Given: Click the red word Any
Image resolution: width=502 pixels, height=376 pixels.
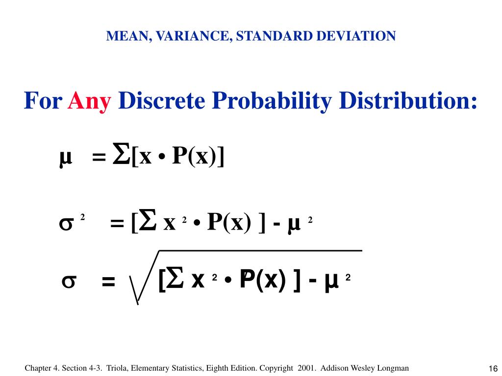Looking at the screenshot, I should pyautogui.click(x=90, y=101).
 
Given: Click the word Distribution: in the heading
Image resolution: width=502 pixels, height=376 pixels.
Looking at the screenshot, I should pyautogui.click(x=408, y=101).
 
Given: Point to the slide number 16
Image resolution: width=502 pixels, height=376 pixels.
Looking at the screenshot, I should pyautogui.click(x=493, y=369).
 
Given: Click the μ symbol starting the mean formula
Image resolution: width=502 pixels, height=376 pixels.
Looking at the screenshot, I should pyautogui.click(x=65, y=158).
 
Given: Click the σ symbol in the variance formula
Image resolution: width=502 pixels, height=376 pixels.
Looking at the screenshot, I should pyautogui.click(x=66, y=224).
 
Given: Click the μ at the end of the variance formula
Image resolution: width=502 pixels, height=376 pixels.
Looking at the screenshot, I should pyautogui.click(x=294, y=225).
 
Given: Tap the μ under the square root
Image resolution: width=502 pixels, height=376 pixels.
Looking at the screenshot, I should pyautogui.click(x=332, y=282).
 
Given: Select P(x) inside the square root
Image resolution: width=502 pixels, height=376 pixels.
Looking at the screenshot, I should pyautogui.click(x=262, y=281).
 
